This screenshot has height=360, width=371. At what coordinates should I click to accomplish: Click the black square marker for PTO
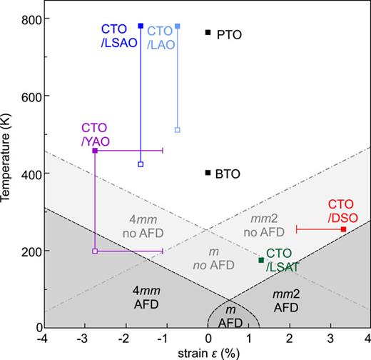pyautogui.click(x=208, y=32)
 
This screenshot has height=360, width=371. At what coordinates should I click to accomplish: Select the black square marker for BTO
pyautogui.click(x=208, y=172)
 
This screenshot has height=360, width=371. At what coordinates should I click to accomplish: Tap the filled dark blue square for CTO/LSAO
pyautogui.click(x=141, y=26)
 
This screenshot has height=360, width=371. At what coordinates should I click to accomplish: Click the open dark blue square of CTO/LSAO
pyautogui.click(x=141, y=164)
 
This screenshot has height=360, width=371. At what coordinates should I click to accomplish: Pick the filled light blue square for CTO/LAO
pyautogui.click(x=178, y=26)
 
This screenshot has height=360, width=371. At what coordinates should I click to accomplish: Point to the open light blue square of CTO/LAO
pyautogui.click(x=178, y=129)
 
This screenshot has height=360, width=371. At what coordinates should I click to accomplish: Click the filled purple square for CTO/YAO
pyautogui.click(x=95, y=151)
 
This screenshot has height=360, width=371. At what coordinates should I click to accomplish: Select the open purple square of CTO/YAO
pyautogui.click(x=95, y=251)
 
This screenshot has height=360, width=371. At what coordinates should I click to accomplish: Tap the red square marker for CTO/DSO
pyautogui.click(x=343, y=229)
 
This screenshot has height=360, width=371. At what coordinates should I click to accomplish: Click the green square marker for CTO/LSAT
pyautogui.click(x=261, y=260)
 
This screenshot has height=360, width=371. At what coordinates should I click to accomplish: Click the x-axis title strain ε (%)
pyautogui.click(x=207, y=352)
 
